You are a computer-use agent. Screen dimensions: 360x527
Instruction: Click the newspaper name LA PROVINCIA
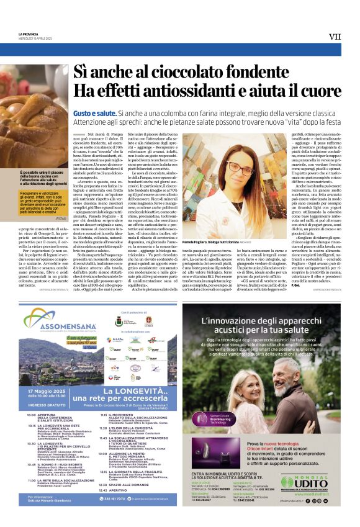click(29, 34)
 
